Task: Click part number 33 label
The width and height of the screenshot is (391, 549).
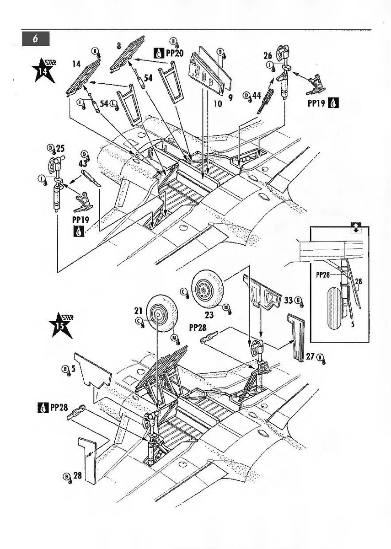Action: [x=288, y=300]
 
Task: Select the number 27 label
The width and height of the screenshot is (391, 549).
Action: [x=311, y=356]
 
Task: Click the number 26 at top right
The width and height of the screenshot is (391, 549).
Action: [x=268, y=56]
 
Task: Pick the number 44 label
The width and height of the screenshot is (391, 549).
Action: [x=257, y=95]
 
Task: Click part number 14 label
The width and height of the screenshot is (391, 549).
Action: [x=76, y=65]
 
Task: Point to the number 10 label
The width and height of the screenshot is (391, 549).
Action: [x=217, y=104]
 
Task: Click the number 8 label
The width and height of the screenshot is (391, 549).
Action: [x=118, y=45]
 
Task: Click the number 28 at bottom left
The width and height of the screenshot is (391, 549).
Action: [x=77, y=475]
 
